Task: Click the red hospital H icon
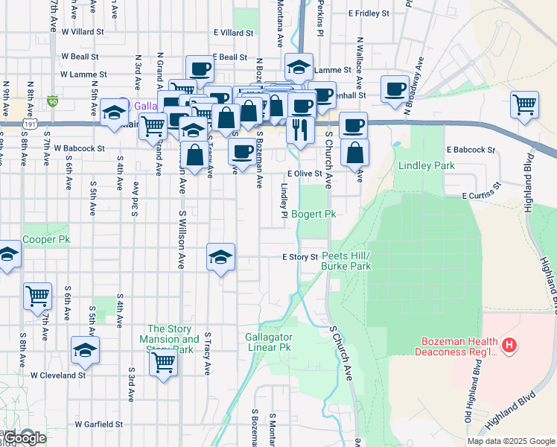[509, 345]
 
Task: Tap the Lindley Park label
[426, 165]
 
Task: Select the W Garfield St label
[98, 424]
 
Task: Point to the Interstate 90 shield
[52, 101]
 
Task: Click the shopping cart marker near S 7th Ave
[37, 296]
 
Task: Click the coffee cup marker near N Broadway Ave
[395, 89]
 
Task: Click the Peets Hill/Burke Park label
[346, 261]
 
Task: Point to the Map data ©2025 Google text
[510, 441]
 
